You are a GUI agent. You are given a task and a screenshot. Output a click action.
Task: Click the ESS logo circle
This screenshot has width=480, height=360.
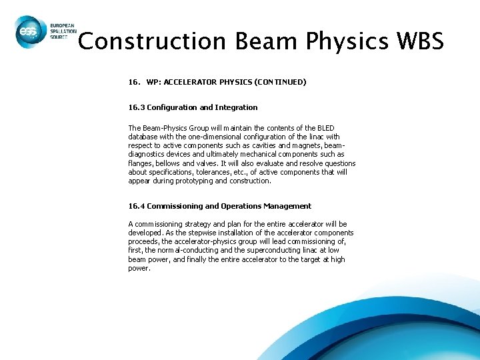click(29, 32)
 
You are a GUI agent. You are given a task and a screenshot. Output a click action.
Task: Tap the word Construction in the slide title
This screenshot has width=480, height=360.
click(152, 41)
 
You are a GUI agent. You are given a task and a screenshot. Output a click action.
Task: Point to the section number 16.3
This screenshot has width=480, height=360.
click(136, 107)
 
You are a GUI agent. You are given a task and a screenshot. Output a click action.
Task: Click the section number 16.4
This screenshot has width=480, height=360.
click(136, 206)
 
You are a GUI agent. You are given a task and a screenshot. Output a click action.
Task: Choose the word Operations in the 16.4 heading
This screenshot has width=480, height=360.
click(247, 206)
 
